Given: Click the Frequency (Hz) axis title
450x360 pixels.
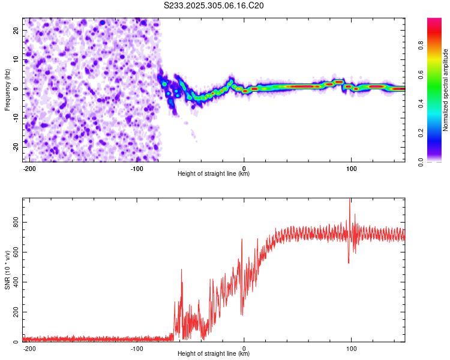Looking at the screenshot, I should click(8, 90).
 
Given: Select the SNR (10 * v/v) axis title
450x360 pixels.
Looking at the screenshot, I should click(8, 270).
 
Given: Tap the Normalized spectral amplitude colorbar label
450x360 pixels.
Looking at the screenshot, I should click(445, 90).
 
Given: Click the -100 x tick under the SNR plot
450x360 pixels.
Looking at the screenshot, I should click(136, 348).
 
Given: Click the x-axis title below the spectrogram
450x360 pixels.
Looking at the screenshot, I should click(214, 174).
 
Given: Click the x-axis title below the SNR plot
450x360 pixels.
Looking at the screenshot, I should click(214, 354).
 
